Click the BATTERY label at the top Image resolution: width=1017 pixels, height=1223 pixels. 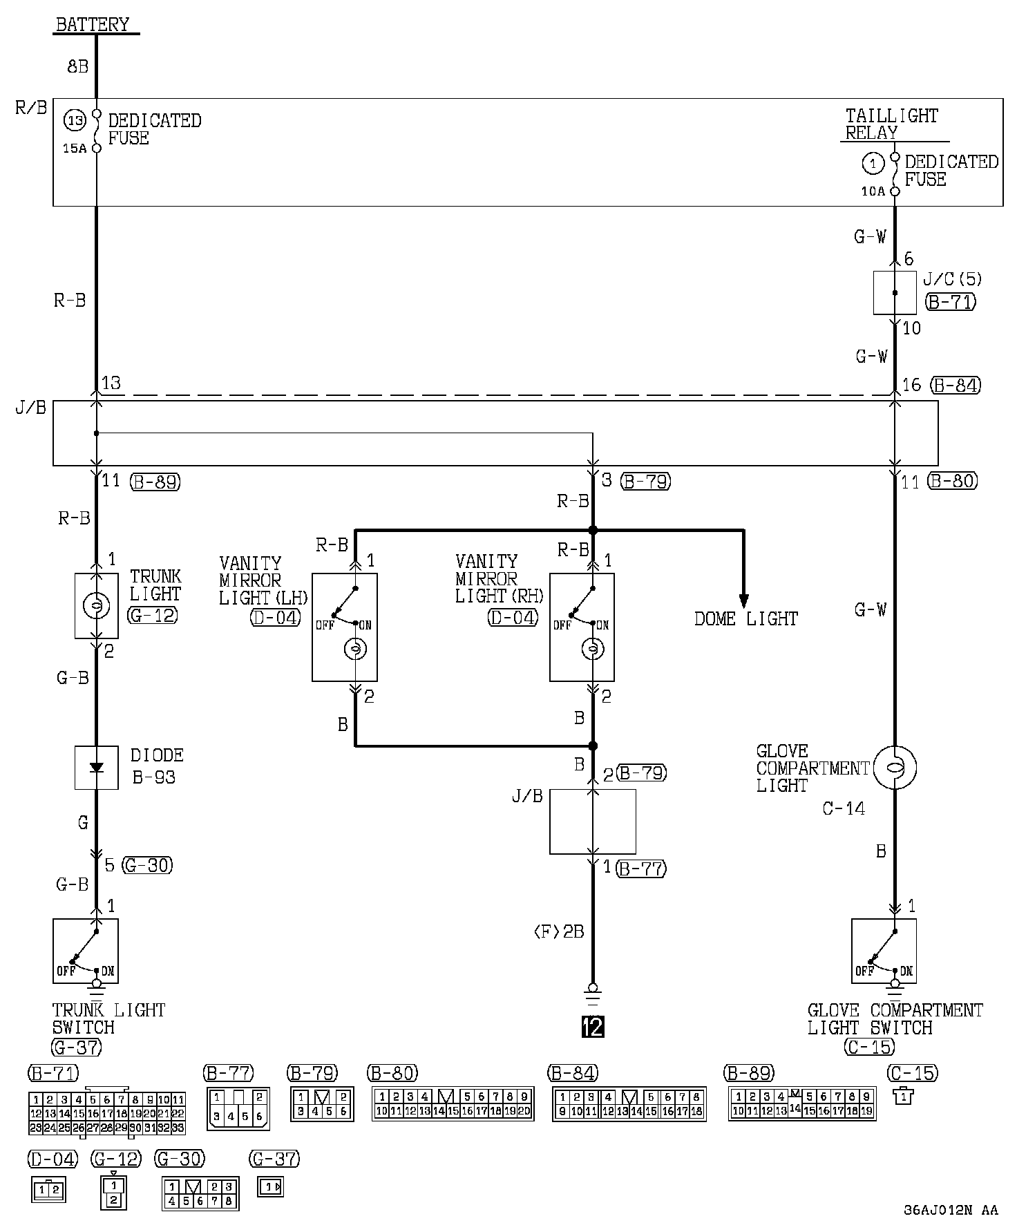tap(92, 25)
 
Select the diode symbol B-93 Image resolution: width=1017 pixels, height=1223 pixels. tap(96, 767)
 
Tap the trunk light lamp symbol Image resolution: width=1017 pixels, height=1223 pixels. tap(96, 606)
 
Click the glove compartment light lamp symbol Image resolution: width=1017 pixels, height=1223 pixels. tap(895, 767)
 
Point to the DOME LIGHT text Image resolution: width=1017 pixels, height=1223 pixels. tap(745, 618)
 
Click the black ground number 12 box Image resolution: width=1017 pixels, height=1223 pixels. tap(592, 1027)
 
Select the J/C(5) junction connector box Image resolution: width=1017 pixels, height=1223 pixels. tap(895, 293)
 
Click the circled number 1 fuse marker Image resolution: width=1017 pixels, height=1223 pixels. tap(874, 164)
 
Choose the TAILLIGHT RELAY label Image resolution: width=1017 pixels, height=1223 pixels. tap(891, 124)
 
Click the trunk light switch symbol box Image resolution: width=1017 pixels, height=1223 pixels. tap(86, 950)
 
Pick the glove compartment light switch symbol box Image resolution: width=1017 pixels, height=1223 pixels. tap(884, 950)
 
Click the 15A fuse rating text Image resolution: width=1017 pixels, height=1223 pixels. tap(75, 149)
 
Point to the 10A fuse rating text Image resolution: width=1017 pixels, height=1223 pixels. tap(873, 191)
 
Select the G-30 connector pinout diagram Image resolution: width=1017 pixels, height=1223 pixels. tap(200, 1194)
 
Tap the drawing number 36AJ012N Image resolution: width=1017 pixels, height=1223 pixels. tap(938, 1210)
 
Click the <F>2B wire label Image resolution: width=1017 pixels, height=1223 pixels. tap(559, 932)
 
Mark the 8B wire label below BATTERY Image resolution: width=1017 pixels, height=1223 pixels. tap(77, 66)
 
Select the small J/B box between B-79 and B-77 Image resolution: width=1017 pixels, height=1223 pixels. tap(592, 822)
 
